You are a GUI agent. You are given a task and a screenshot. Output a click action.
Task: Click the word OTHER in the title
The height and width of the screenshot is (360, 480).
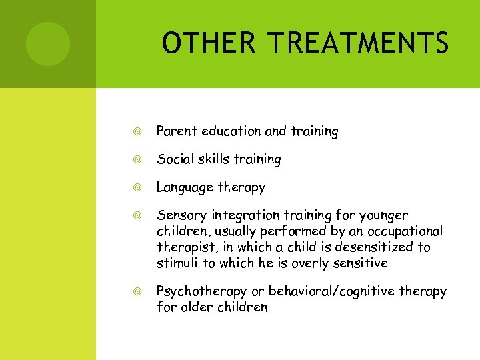click(207, 44)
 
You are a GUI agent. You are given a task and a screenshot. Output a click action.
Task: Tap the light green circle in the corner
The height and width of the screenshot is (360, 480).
click(47, 44)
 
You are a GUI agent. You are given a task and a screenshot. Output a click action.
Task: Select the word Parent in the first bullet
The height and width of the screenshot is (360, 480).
click(175, 131)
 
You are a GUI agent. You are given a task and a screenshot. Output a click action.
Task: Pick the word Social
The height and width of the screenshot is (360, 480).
click(173, 159)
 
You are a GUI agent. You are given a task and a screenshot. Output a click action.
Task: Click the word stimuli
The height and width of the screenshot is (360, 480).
click(176, 263)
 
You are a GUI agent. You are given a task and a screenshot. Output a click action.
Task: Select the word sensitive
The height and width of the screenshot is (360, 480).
click(359, 263)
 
